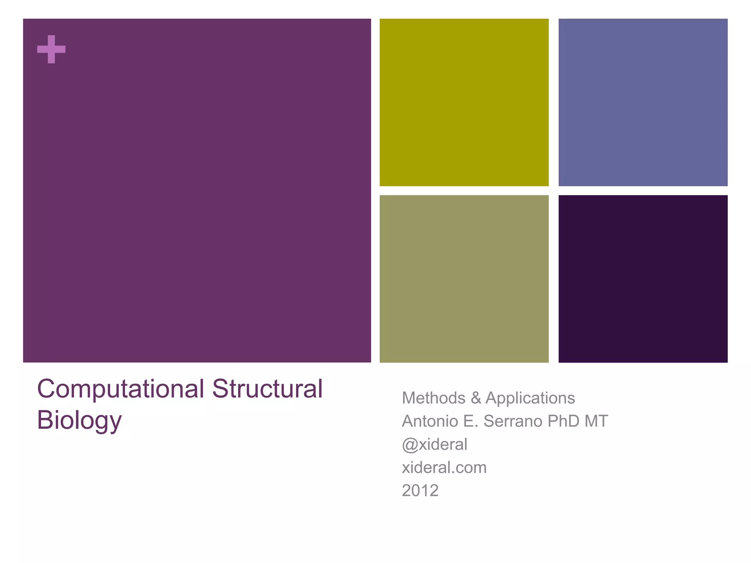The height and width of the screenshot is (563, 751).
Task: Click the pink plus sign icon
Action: click(51, 49)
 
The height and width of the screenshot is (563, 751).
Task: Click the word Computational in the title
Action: click(120, 389)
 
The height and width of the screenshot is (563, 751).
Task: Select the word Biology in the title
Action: click(79, 420)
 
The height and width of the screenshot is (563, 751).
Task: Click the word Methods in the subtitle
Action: click(433, 398)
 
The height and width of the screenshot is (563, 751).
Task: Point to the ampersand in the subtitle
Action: click(476, 398)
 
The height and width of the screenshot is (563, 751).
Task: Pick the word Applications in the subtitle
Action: click(530, 398)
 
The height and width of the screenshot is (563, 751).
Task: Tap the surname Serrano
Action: click(513, 421)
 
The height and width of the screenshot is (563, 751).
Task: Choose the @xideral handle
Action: click(435, 445)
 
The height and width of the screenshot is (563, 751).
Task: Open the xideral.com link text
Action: click(444, 468)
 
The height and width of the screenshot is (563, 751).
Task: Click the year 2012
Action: click(420, 491)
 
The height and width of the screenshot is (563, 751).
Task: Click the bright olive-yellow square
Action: click(464, 102)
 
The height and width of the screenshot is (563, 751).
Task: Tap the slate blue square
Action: click(643, 102)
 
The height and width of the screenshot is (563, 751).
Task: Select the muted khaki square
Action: click(464, 279)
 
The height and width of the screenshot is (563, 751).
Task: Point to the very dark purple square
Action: click(643, 279)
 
